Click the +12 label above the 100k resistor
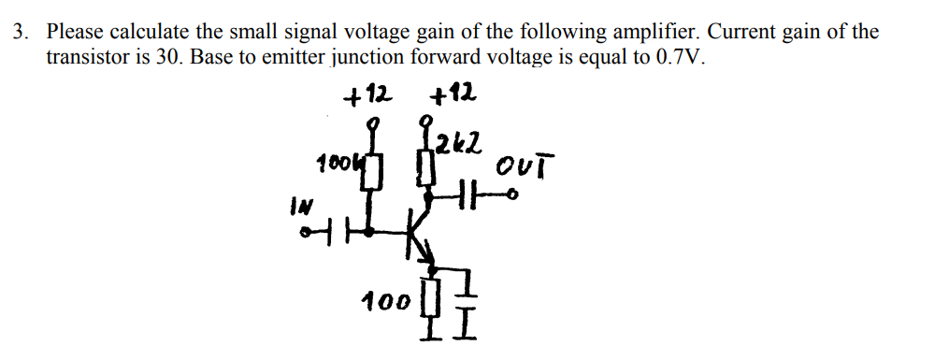click(367, 95)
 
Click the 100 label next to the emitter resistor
click(385, 301)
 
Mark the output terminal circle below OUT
click(511, 196)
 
